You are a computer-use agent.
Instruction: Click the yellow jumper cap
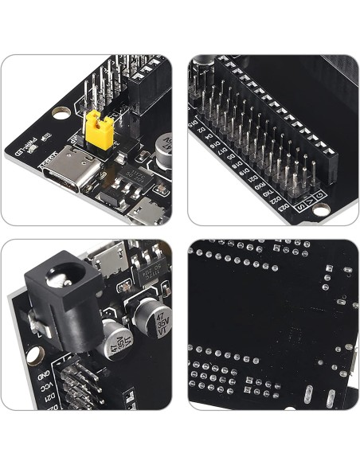tap(96, 124)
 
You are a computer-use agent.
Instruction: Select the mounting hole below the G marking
tap(321, 210)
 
